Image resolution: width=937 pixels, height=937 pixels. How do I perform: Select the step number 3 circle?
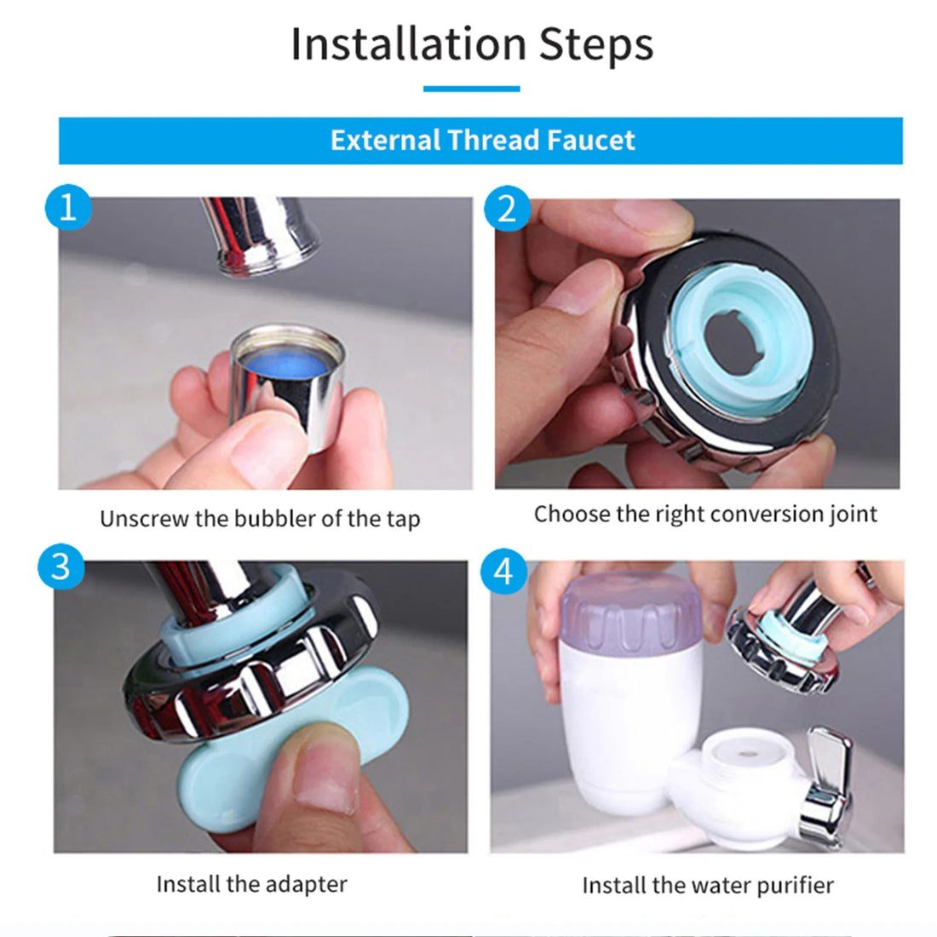pos(61,566)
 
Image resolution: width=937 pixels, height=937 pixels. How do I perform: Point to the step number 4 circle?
pos(504,572)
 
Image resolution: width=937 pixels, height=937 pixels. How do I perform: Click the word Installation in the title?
pos(407,44)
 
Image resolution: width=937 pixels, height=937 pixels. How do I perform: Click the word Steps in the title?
pos(595,44)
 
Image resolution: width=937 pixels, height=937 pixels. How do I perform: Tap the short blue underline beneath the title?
pos(471,89)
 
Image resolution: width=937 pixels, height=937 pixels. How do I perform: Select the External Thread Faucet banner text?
pos(482,141)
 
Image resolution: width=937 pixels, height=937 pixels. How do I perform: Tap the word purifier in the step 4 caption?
pos(791,886)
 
